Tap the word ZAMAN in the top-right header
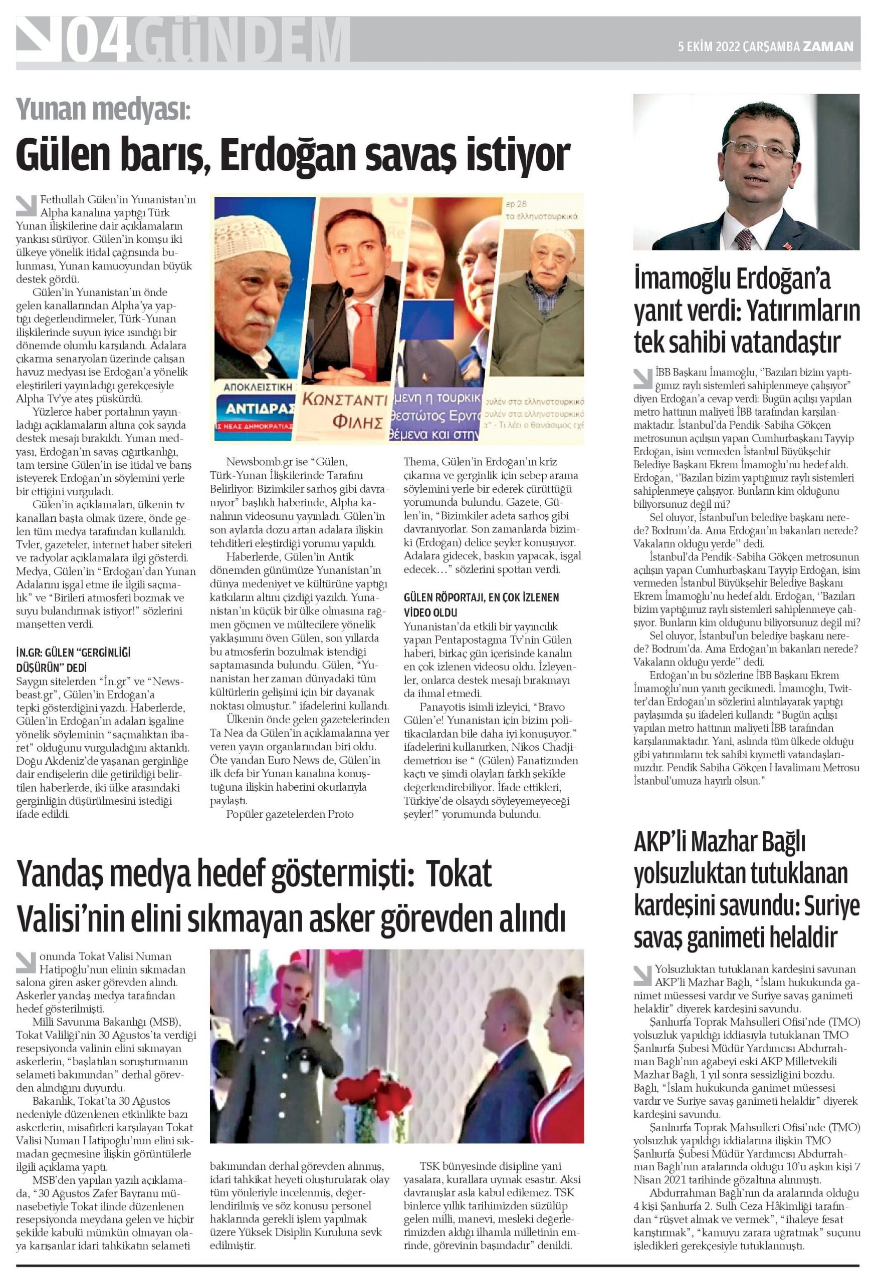click(x=827, y=47)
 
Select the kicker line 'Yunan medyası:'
click(x=103, y=109)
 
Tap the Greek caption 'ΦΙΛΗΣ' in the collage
click(x=358, y=424)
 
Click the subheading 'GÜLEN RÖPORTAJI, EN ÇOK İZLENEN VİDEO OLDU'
click(x=481, y=604)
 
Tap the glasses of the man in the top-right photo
click(x=762, y=146)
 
